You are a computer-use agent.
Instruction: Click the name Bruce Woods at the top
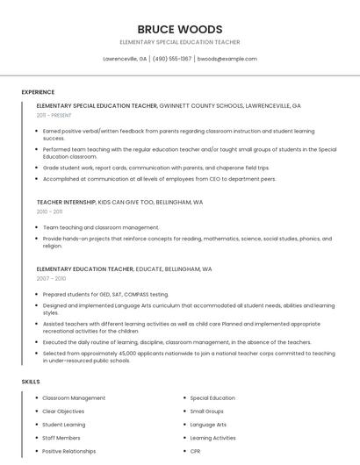(x=179, y=29)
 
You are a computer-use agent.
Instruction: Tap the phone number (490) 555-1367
(x=172, y=59)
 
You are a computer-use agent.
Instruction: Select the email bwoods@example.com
(x=227, y=59)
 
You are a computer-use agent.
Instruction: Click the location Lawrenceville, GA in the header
(x=125, y=59)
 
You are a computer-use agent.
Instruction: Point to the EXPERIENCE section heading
(x=38, y=92)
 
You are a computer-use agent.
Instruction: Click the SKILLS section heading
(x=31, y=382)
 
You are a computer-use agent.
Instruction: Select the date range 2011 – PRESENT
(x=54, y=115)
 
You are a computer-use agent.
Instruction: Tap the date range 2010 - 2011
(x=50, y=211)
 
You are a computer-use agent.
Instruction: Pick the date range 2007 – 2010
(x=51, y=278)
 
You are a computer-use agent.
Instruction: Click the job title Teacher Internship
(x=66, y=202)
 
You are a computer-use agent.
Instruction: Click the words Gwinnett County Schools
(x=201, y=105)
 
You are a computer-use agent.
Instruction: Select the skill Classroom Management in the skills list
(x=74, y=398)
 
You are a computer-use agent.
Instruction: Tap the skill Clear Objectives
(x=63, y=411)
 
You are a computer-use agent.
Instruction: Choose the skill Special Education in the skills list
(x=212, y=398)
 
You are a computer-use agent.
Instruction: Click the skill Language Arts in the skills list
(x=208, y=425)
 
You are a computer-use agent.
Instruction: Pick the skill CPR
(x=195, y=451)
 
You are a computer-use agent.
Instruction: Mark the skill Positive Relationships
(x=69, y=451)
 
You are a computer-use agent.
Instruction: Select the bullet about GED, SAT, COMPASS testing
(x=105, y=294)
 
